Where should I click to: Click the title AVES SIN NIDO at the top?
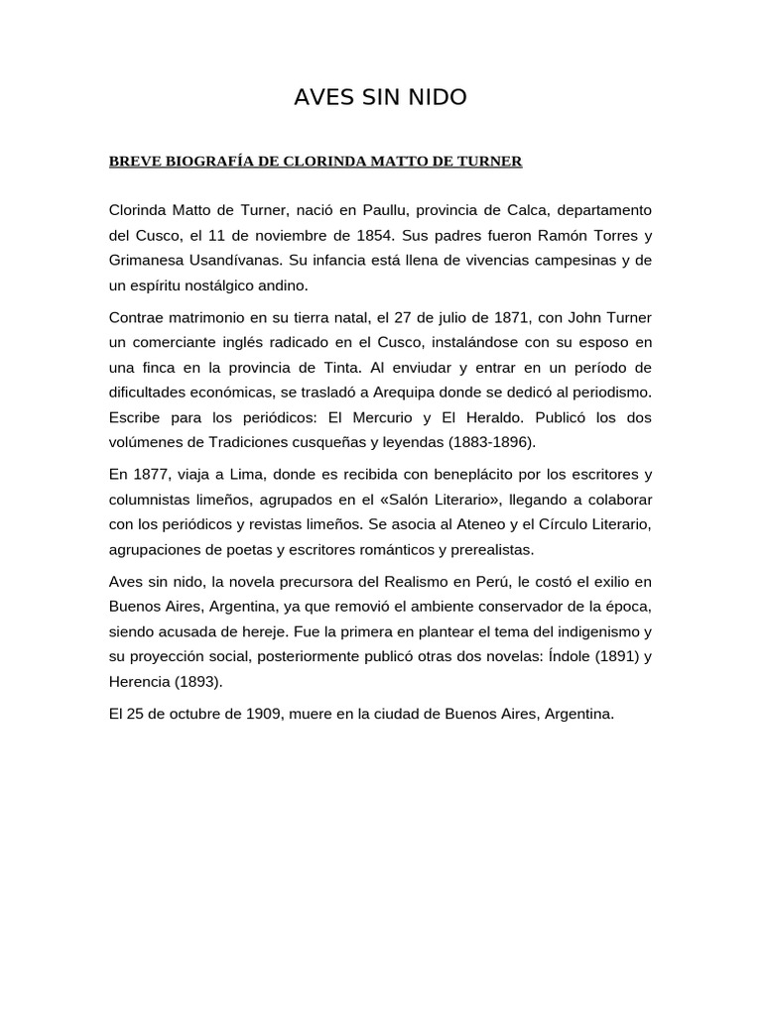(x=380, y=97)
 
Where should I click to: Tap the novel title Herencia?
(x=141, y=680)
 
